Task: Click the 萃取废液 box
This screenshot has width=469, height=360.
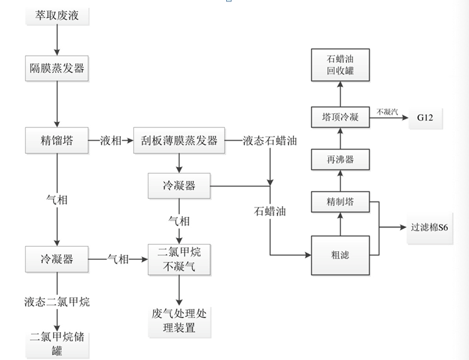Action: click(x=57, y=15)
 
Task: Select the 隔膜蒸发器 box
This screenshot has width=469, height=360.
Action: click(x=57, y=68)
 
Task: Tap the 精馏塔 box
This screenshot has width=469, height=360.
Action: click(x=57, y=141)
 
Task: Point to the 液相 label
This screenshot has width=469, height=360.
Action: click(x=111, y=141)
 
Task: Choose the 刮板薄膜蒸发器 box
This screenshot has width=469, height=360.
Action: click(x=179, y=141)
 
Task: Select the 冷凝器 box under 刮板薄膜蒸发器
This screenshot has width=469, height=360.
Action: click(x=178, y=186)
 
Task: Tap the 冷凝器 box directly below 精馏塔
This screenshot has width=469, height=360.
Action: click(x=57, y=259)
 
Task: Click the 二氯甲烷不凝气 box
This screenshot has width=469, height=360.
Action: click(x=178, y=259)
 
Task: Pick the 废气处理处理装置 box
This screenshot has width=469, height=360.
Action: click(x=178, y=320)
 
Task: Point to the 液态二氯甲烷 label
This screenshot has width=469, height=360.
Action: click(x=57, y=302)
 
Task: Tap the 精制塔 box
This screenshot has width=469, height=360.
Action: click(x=340, y=203)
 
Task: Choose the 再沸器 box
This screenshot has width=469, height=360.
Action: click(x=340, y=160)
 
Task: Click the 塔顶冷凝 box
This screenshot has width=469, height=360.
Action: click(x=340, y=117)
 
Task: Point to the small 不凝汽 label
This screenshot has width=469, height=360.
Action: click(x=387, y=112)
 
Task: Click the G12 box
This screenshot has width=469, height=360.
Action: click(x=425, y=117)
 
